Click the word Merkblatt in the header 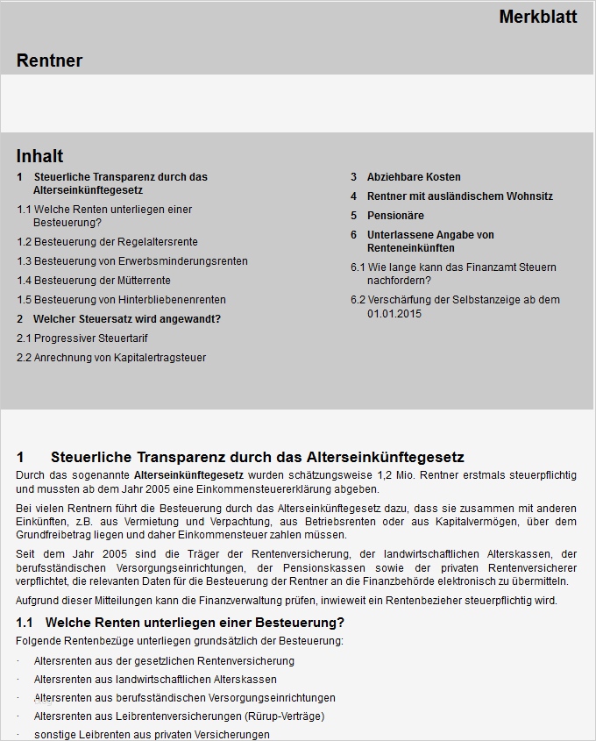pos(537,17)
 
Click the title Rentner pos(49,61)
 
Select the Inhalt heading pos(39,156)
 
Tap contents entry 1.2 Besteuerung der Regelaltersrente pos(108,242)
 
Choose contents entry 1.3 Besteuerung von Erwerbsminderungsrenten pos(132,261)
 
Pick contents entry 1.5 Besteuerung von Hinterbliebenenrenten pos(122,300)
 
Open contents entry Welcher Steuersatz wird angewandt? pos(126,319)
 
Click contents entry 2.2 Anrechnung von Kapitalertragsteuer pos(111,358)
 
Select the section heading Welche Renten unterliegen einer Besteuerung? pos(194,623)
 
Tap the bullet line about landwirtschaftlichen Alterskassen pos(155,680)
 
